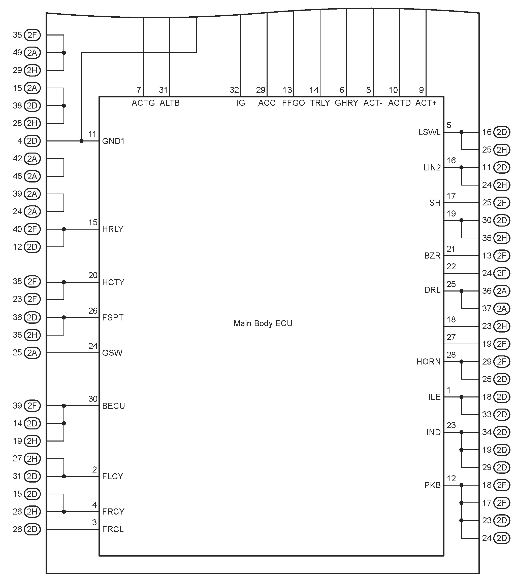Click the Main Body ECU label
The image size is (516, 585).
[x=263, y=323]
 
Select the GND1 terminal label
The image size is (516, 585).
[x=113, y=141]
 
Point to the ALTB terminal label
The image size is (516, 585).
[x=170, y=103]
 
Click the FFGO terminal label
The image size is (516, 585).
[x=293, y=103]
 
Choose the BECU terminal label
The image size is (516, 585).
[x=113, y=406]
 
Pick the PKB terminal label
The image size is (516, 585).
[x=432, y=485]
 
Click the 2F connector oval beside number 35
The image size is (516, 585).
[x=32, y=35]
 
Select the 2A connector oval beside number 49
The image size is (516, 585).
[x=32, y=53]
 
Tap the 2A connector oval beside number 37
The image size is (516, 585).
[x=502, y=309]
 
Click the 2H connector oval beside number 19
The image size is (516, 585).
[x=32, y=441]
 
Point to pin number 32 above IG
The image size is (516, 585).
[x=234, y=90]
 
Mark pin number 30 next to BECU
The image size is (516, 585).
[x=93, y=399]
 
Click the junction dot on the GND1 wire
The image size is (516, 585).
[x=81, y=141]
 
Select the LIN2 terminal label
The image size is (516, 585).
[x=432, y=167]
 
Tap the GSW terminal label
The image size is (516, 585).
[x=112, y=353]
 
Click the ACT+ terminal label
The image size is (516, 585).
[x=426, y=103]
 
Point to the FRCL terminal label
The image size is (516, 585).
[x=113, y=529]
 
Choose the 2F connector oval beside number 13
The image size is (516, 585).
[x=502, y=255]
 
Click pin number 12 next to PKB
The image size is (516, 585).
[x=451, y=478]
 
